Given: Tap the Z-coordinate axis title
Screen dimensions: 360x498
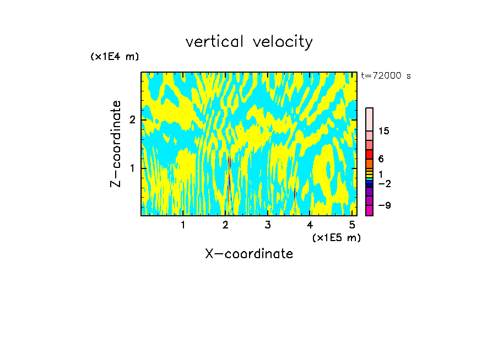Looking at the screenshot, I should click(116, 144).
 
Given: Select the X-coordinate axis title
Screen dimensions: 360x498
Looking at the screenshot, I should click(249, 254).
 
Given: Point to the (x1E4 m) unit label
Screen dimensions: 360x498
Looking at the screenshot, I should click(115, 57).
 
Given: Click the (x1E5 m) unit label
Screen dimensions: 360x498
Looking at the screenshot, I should click(336, 237).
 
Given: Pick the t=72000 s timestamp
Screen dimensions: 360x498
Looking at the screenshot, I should click(386, 76).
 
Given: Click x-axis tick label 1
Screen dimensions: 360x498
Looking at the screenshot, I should click(183, 225).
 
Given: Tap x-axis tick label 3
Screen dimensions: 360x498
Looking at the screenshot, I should click(268, 225).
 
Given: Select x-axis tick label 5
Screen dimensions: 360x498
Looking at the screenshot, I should click(352, 225).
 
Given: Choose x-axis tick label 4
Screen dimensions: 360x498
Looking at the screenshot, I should click(310, 225).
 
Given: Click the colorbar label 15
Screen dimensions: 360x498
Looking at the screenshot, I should click(384, 132).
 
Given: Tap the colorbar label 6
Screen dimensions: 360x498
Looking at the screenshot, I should click(381, 159).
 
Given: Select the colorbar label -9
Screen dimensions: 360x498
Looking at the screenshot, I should click(384, 205).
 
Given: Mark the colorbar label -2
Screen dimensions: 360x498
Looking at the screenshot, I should click(384, 183).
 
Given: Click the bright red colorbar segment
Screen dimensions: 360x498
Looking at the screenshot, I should click(369, 154).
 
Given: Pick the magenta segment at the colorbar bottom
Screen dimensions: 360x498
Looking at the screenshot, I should click(369, 210).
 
